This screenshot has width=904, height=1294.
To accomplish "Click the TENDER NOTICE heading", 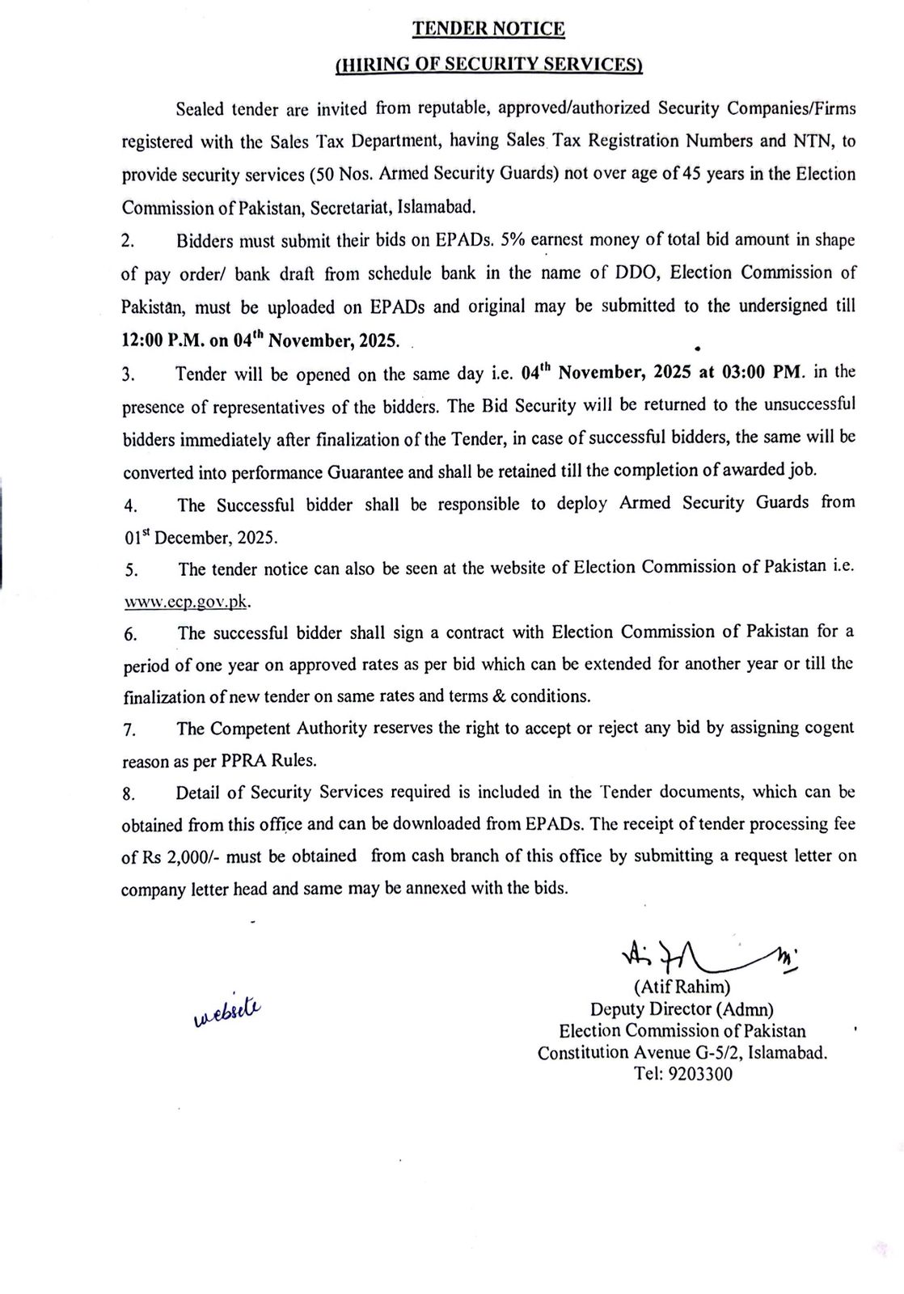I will pos(488,29).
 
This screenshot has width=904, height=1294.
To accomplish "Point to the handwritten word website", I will pos(229,1010).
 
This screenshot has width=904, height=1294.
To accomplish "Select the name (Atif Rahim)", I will pos(682,987).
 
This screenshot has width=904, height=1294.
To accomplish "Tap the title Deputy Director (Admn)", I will pos(682,1009).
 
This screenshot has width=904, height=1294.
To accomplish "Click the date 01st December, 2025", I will pos(200,537).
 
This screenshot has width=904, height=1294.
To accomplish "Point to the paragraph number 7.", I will pos(129,729).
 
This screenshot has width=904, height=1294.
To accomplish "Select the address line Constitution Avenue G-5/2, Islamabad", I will pos(682,1053).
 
